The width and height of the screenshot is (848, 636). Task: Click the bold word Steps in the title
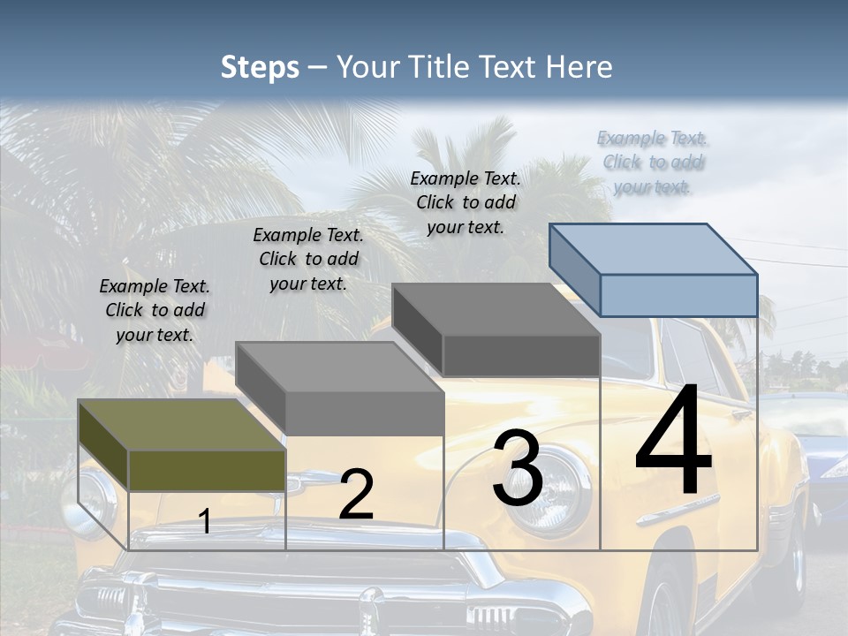tap(260, 67)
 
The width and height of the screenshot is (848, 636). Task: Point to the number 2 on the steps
tap(356, 495)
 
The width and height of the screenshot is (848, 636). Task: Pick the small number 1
tap(205, 522)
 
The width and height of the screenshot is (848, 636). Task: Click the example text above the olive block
tap(155, 310)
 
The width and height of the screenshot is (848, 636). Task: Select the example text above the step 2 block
tap(308, 259)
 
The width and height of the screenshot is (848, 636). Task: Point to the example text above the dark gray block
tap(466, 202)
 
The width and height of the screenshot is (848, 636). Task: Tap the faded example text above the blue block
tap(653, 162)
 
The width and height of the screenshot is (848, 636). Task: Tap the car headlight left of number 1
tap(88, 502)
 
